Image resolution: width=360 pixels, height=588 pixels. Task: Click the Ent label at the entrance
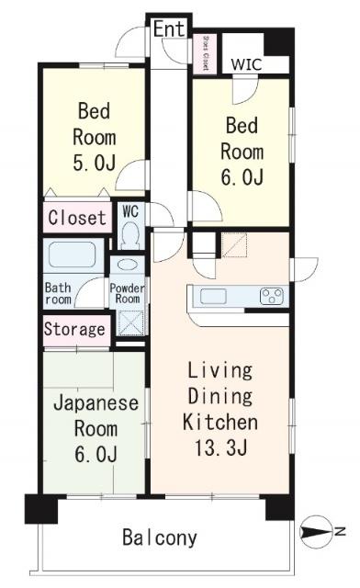click(x=169, y=29)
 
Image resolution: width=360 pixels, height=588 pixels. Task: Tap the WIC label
click(x=245, y=64)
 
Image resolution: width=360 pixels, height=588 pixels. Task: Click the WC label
click(x=129, y=210)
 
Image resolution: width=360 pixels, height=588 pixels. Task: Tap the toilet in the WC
click(x=129, y=235)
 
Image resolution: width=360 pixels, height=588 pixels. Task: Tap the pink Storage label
click(x=75, y=329)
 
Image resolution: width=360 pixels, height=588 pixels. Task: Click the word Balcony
click(x=160, y=538)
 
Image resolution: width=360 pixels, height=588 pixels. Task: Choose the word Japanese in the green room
click(x=95, y=403)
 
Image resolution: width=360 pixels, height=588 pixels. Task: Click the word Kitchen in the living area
click(x=220, y=424)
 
